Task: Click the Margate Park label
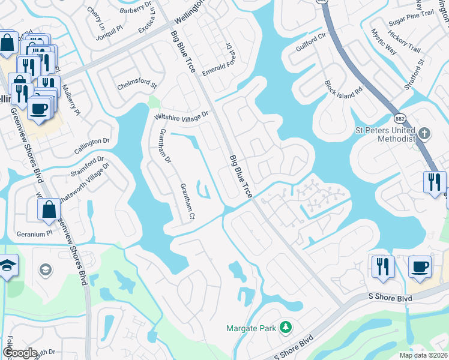(251, 328)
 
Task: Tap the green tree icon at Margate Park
(286, 327)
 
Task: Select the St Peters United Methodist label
(385, 134)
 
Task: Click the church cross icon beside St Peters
(424, 134)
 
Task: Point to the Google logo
(19, 353)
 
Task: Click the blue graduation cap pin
(7, 266)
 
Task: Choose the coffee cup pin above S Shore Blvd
(419, 266)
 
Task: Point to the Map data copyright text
(423, 355)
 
